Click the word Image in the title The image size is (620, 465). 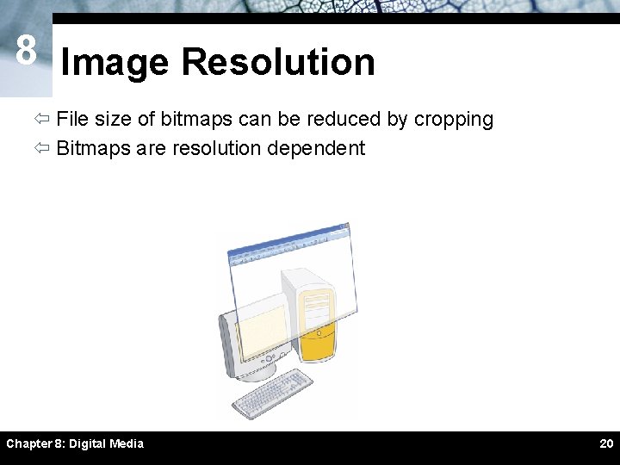tap(115, 63)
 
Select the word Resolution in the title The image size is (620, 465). tap(278, 63)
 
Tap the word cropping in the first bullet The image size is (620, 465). tap(453, 120)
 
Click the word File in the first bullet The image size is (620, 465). tap(72, 119)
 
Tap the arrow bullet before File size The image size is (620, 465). tap(42, 120)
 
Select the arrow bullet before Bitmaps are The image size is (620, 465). tap(42, 148)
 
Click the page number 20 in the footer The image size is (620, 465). tap(605, 443)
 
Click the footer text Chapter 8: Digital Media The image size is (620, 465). tap(75, 443)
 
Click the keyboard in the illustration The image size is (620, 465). tap(271, 393)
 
